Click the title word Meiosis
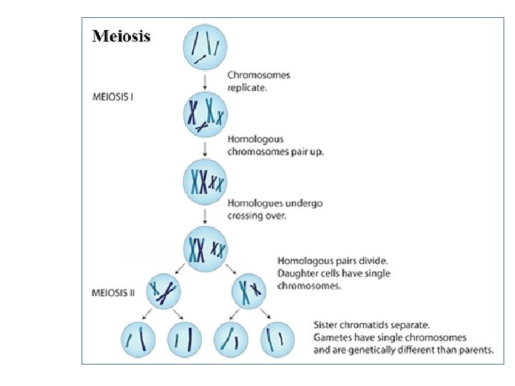[x=121, y=36]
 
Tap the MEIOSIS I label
[x=112, y=96]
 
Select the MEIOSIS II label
[x=114, y=292]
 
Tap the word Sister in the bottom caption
[x=328, y=324]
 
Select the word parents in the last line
[x=474, y=350]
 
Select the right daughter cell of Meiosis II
[x=250, y=292]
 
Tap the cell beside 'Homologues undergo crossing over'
[x=206, y=183]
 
